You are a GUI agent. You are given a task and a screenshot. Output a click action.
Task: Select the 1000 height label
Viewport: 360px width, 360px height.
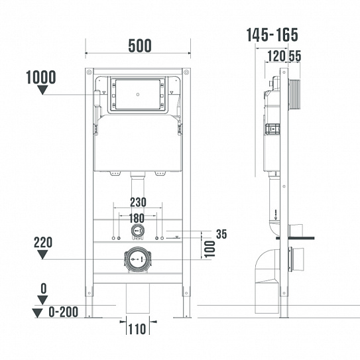point(40,78)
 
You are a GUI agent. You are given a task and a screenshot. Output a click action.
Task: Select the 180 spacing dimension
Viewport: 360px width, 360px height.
point(137,217)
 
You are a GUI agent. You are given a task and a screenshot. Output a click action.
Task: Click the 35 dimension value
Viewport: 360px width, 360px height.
point(222,234)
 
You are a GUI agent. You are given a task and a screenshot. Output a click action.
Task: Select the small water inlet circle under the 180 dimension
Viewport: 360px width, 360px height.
point(137,232)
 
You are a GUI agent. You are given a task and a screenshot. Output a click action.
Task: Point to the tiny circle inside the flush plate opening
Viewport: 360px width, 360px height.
point(137,94)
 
